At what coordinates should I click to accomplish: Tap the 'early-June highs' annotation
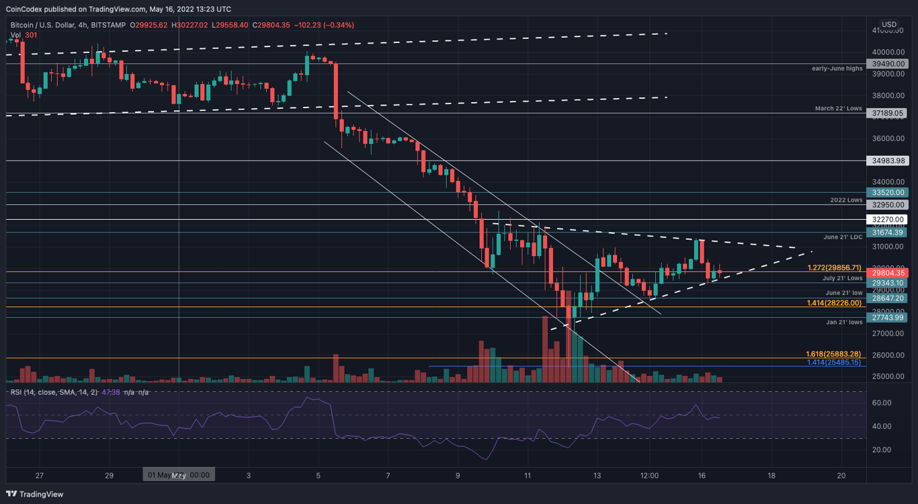point(837,69)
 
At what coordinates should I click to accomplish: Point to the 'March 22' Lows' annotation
point(839,108)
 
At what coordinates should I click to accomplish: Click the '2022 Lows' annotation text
point(845,200)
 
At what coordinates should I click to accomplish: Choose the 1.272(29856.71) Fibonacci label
point(834,267)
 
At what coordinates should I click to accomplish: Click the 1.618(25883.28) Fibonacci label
point(833,353)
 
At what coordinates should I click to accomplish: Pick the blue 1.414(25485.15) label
point(833,362)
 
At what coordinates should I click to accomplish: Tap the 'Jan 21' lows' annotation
point(844,322)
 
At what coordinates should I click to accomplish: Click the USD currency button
point(888,24)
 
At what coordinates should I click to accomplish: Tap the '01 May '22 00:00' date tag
point(178,475)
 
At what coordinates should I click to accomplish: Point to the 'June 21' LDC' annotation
point(843,237)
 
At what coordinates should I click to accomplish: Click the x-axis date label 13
point(597,475)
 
